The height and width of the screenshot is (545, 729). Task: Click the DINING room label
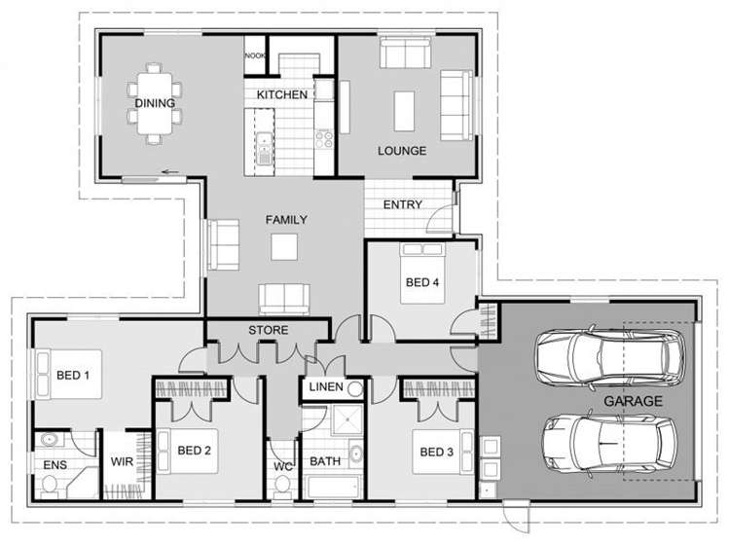click(x=156, y=103)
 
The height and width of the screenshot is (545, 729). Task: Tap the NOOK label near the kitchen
click(x=255, y=56)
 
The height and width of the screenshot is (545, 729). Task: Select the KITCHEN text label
click(x=282, y=94)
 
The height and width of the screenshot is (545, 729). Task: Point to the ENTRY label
click(x=402, y=205)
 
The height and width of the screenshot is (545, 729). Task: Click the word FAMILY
click(x=286, y=220)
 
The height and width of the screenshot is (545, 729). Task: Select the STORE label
click(x=268, y=331)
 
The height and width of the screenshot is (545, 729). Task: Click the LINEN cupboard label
click(x=324, y=389)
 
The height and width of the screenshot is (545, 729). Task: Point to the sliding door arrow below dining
click(x=170, y=174)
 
